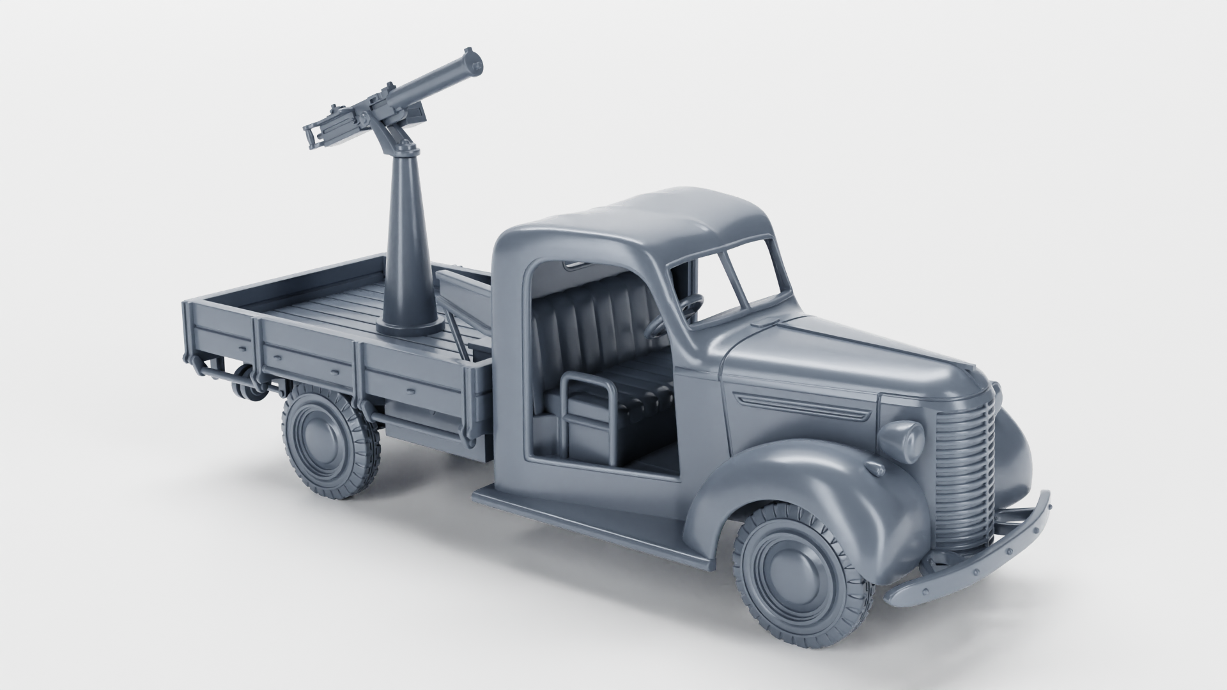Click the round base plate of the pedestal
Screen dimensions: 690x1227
pos(410,328)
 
